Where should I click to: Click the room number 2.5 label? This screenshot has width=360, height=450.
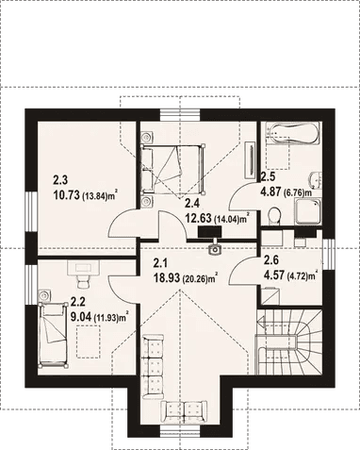[268, 175]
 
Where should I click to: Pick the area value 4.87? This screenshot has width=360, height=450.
[271, 190]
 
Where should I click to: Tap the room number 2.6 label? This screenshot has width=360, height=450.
[270, 261]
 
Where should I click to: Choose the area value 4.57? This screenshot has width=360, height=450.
[274, 275]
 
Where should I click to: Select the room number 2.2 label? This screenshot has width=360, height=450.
[78, 303]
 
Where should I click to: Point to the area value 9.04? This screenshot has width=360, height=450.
[82, 317]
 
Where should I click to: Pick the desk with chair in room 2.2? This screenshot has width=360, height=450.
[80, 275]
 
